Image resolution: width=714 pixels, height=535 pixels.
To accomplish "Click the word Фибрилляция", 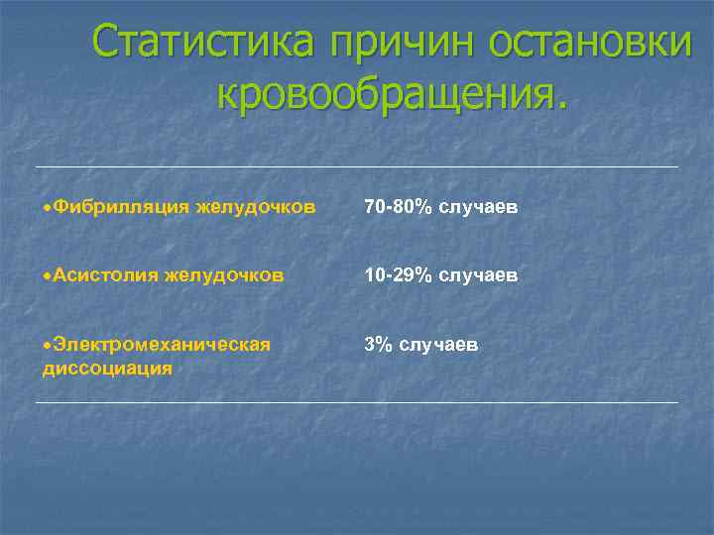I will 121,207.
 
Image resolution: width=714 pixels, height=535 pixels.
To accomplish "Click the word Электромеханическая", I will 162,344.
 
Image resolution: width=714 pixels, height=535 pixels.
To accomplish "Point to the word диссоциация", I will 107,368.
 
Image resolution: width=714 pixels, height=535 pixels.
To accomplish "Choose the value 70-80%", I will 398,207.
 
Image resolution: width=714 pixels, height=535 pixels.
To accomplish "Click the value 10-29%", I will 398,274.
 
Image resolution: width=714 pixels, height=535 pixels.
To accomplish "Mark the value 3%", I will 377,344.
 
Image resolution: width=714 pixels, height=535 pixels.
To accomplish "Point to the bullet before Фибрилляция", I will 48,208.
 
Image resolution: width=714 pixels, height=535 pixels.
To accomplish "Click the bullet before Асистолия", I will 48,275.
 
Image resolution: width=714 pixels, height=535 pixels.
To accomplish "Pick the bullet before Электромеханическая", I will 48,345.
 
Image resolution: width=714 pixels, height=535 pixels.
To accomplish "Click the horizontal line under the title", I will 357,166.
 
